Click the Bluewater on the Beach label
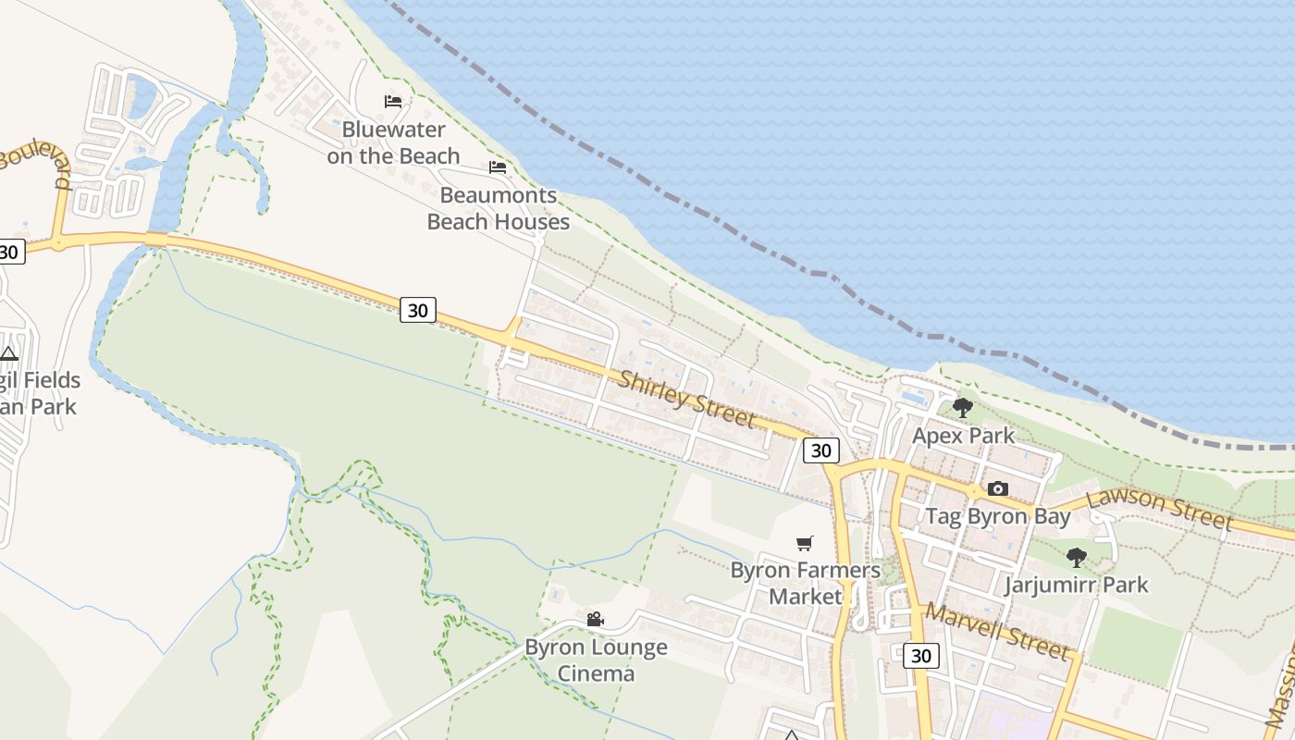(393, 142)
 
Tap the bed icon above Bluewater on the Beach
(393, 101)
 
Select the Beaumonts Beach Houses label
(498, 208)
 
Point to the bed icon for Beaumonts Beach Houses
(498, 167)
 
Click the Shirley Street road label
(686, 399)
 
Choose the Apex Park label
(963, 436)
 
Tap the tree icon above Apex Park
(963, 407)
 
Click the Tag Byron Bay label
(998, 516)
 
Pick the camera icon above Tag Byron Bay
(997, 488)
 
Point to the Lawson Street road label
(1160, 509)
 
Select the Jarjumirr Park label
(1076, 585)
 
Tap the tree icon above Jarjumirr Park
(1076, 557)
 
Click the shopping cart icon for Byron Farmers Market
(805, 543)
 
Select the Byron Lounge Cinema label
(596, 660)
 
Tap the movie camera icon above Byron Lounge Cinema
(595, 619)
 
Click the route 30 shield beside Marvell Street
(920, 656)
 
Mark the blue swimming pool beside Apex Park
(914, 398)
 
